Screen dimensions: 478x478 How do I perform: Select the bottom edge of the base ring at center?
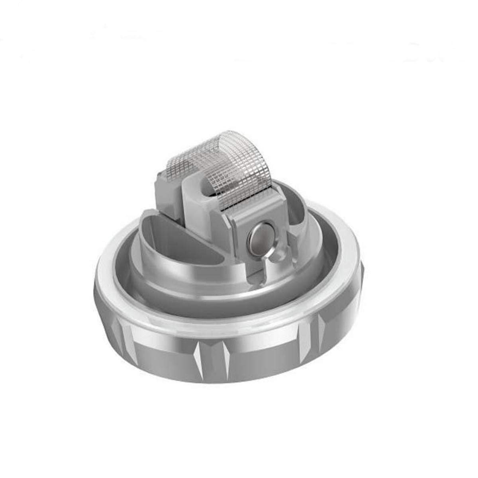click(x=223, y=380)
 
